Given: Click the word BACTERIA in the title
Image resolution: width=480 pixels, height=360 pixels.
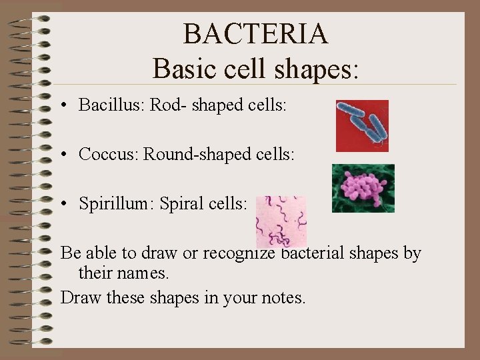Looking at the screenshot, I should click(x=255, y=34).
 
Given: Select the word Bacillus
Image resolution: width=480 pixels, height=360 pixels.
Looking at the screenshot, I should click(x=111, y=105).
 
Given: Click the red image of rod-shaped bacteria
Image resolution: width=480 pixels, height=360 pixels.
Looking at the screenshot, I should click(x=362, y=125).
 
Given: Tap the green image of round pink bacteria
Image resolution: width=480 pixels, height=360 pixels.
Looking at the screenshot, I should click(x=363, y=188).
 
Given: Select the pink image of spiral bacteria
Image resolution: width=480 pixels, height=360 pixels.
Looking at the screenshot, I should click(x=281, y=221).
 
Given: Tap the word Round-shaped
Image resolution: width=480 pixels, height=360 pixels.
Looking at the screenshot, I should click(x=197, y=154).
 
